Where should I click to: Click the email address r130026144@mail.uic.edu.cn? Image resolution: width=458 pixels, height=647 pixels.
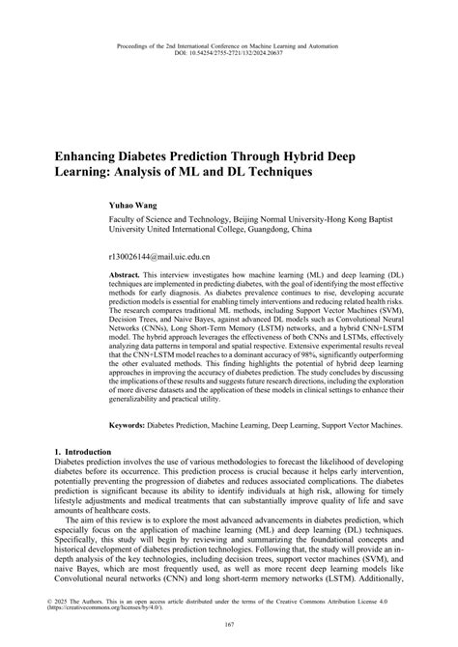pos(167,258)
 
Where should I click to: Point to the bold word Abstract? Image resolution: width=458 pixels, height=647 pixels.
pos(128,275)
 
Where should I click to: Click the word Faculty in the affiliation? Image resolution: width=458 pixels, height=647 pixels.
pos(129,220)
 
